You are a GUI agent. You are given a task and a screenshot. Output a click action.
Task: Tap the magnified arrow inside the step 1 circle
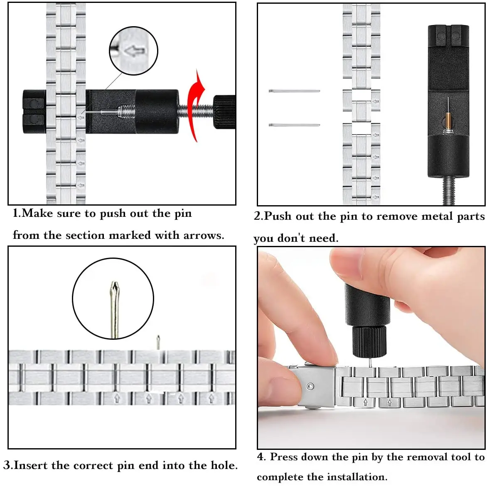click(x=135, y=51)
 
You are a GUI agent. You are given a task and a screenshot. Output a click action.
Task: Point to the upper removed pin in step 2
click(x=294, y=91)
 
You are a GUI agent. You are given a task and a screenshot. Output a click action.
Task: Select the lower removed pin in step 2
click(x=294, y=125)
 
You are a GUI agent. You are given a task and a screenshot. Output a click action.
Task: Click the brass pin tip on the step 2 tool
click(x=448, y=119)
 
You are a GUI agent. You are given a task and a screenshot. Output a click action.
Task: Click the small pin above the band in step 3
click(x=158, y=342)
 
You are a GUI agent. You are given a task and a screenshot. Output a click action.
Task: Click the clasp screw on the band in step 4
click(x=310, y=387)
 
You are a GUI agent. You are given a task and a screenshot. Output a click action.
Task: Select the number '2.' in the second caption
click(x=258, y=216)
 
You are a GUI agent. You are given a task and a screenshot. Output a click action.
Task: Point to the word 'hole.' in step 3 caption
click(x=224, y=465)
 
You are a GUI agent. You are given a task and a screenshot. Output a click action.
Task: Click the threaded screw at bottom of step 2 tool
click(x=448, y=191)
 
